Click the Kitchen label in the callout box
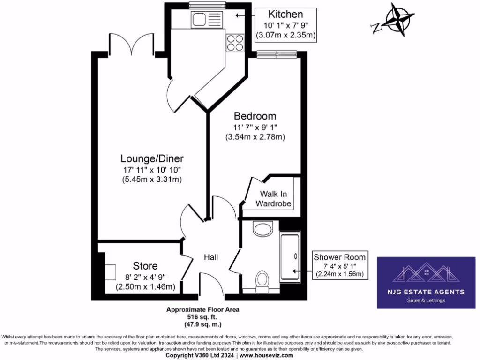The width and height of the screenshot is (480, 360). pos(285,14)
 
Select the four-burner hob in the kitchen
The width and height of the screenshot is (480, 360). pos(235,43)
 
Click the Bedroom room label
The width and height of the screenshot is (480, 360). pos(255,116)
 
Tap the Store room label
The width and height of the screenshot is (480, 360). pos(145,266)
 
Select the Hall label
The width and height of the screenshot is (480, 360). pos(212,257)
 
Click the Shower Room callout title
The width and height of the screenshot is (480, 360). pos(339,257)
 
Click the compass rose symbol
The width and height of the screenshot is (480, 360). pos(397,20)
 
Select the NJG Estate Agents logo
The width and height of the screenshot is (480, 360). pos(426,282)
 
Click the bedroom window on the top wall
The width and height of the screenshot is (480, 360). pos(277,54)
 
